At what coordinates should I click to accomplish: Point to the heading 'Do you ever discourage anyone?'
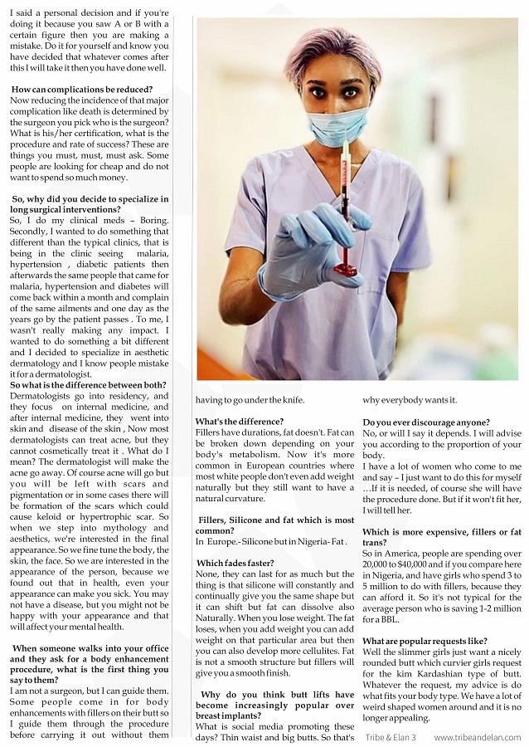point(426,422)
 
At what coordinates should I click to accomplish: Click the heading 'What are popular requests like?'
point(425,641)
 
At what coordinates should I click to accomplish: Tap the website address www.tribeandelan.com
point(478,737)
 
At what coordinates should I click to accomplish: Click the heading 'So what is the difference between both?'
point(88,384)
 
